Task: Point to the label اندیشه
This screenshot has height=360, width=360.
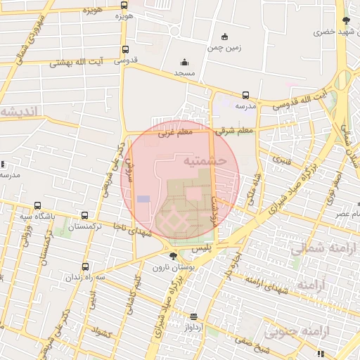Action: [24, 111]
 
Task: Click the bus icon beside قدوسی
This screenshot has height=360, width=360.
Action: [125, 50]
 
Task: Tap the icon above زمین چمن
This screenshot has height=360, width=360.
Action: [224, 37]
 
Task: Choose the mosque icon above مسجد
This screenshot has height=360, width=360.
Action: [184, 62]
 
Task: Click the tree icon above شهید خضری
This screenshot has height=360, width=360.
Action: [345, 20]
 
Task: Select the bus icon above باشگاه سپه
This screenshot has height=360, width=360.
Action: [37, 206]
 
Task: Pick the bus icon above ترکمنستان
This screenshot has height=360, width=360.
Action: [85, 215]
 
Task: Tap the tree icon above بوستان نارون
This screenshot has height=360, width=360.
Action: [173, 256]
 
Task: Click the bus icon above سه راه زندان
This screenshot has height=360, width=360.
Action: [85, 266]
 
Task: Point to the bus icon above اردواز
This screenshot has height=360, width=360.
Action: [193, 316]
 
